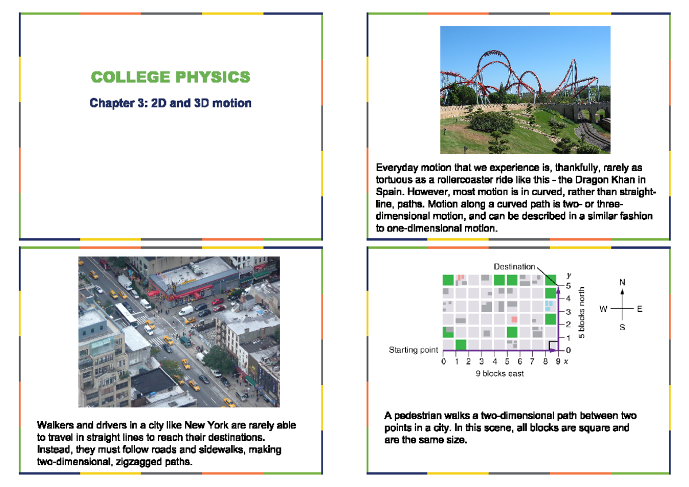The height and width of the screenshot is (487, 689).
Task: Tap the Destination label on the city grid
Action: point(514,266)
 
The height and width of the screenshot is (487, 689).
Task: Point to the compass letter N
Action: point(622,283)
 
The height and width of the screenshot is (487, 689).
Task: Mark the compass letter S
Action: point(622,328)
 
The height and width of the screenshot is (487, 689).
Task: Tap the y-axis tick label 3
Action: point(568,312)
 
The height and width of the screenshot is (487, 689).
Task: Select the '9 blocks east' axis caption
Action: point(500,374)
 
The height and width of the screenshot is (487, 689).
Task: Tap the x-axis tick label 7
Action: point(532,362)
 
